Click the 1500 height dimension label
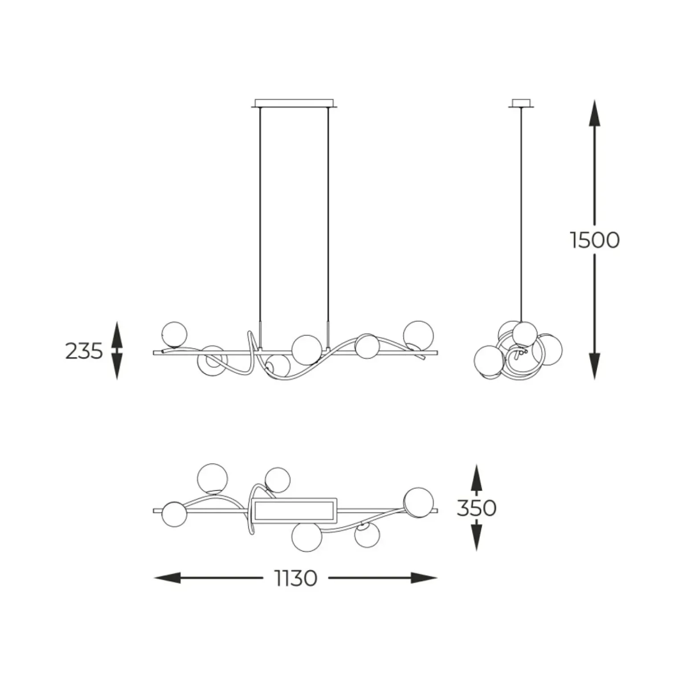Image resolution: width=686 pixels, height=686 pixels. point(595,241)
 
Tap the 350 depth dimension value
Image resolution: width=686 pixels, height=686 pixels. point(476,508)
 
